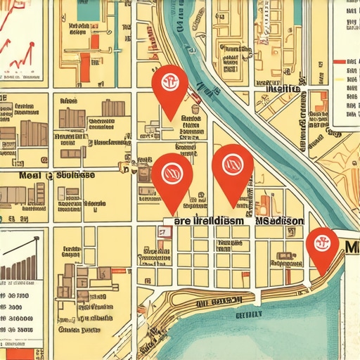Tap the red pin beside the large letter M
coord(322,244)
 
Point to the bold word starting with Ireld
coord(215,221)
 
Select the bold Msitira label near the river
coord(284,89)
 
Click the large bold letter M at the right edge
coord(352,246)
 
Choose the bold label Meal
coord(31,175)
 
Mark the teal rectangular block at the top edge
coord(88,9)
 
